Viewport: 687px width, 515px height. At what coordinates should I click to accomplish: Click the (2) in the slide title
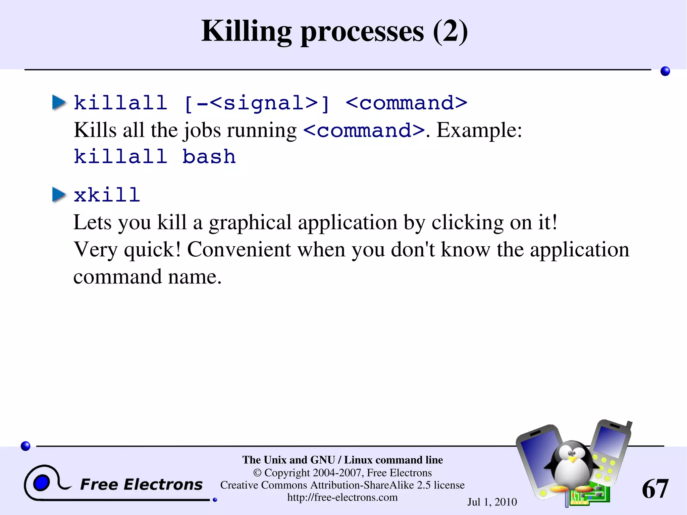[450, 31]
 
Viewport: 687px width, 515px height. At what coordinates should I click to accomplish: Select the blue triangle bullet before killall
[59, 102]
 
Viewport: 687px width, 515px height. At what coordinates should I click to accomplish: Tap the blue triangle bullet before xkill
[59, 195]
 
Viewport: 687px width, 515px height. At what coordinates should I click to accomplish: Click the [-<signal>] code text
[257, 103]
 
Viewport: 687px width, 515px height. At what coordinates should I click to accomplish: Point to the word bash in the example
[209, 157]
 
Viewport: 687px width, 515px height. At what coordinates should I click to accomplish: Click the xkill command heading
[107, 195]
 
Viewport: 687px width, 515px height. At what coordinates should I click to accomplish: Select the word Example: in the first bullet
[479, 130]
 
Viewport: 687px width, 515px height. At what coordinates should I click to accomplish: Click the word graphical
[250, 222]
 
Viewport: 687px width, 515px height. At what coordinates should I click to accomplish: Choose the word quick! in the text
[152, 250]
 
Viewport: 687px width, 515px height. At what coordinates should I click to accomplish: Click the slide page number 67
[654, 489]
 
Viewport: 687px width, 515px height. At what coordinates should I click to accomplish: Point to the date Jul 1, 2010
[492, 502]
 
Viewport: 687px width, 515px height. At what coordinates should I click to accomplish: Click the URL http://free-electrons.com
[342, 497]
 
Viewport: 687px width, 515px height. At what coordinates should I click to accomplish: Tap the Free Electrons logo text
[141, 484]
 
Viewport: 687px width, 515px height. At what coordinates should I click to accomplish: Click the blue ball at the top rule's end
[665, 71]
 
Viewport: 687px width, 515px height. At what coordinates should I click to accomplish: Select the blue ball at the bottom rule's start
[25, 446]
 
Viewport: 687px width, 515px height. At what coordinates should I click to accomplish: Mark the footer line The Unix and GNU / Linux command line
[342, 460]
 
